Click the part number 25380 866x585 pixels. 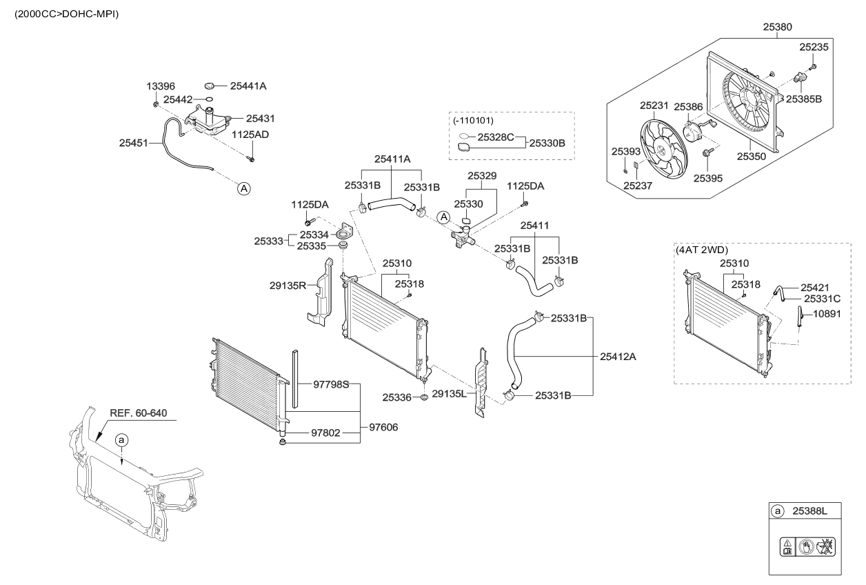point(778,28)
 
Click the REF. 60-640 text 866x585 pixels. point(138,414)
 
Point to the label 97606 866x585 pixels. point(383,428)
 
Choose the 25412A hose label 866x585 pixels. point(618,357)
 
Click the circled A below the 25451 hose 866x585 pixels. point(243,187)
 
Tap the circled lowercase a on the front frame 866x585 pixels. point(121,439)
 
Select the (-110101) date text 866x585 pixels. point(474,121)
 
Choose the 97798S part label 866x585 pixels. point(332,383)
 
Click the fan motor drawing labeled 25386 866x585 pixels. point(692,130)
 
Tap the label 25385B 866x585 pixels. point(803,99)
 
